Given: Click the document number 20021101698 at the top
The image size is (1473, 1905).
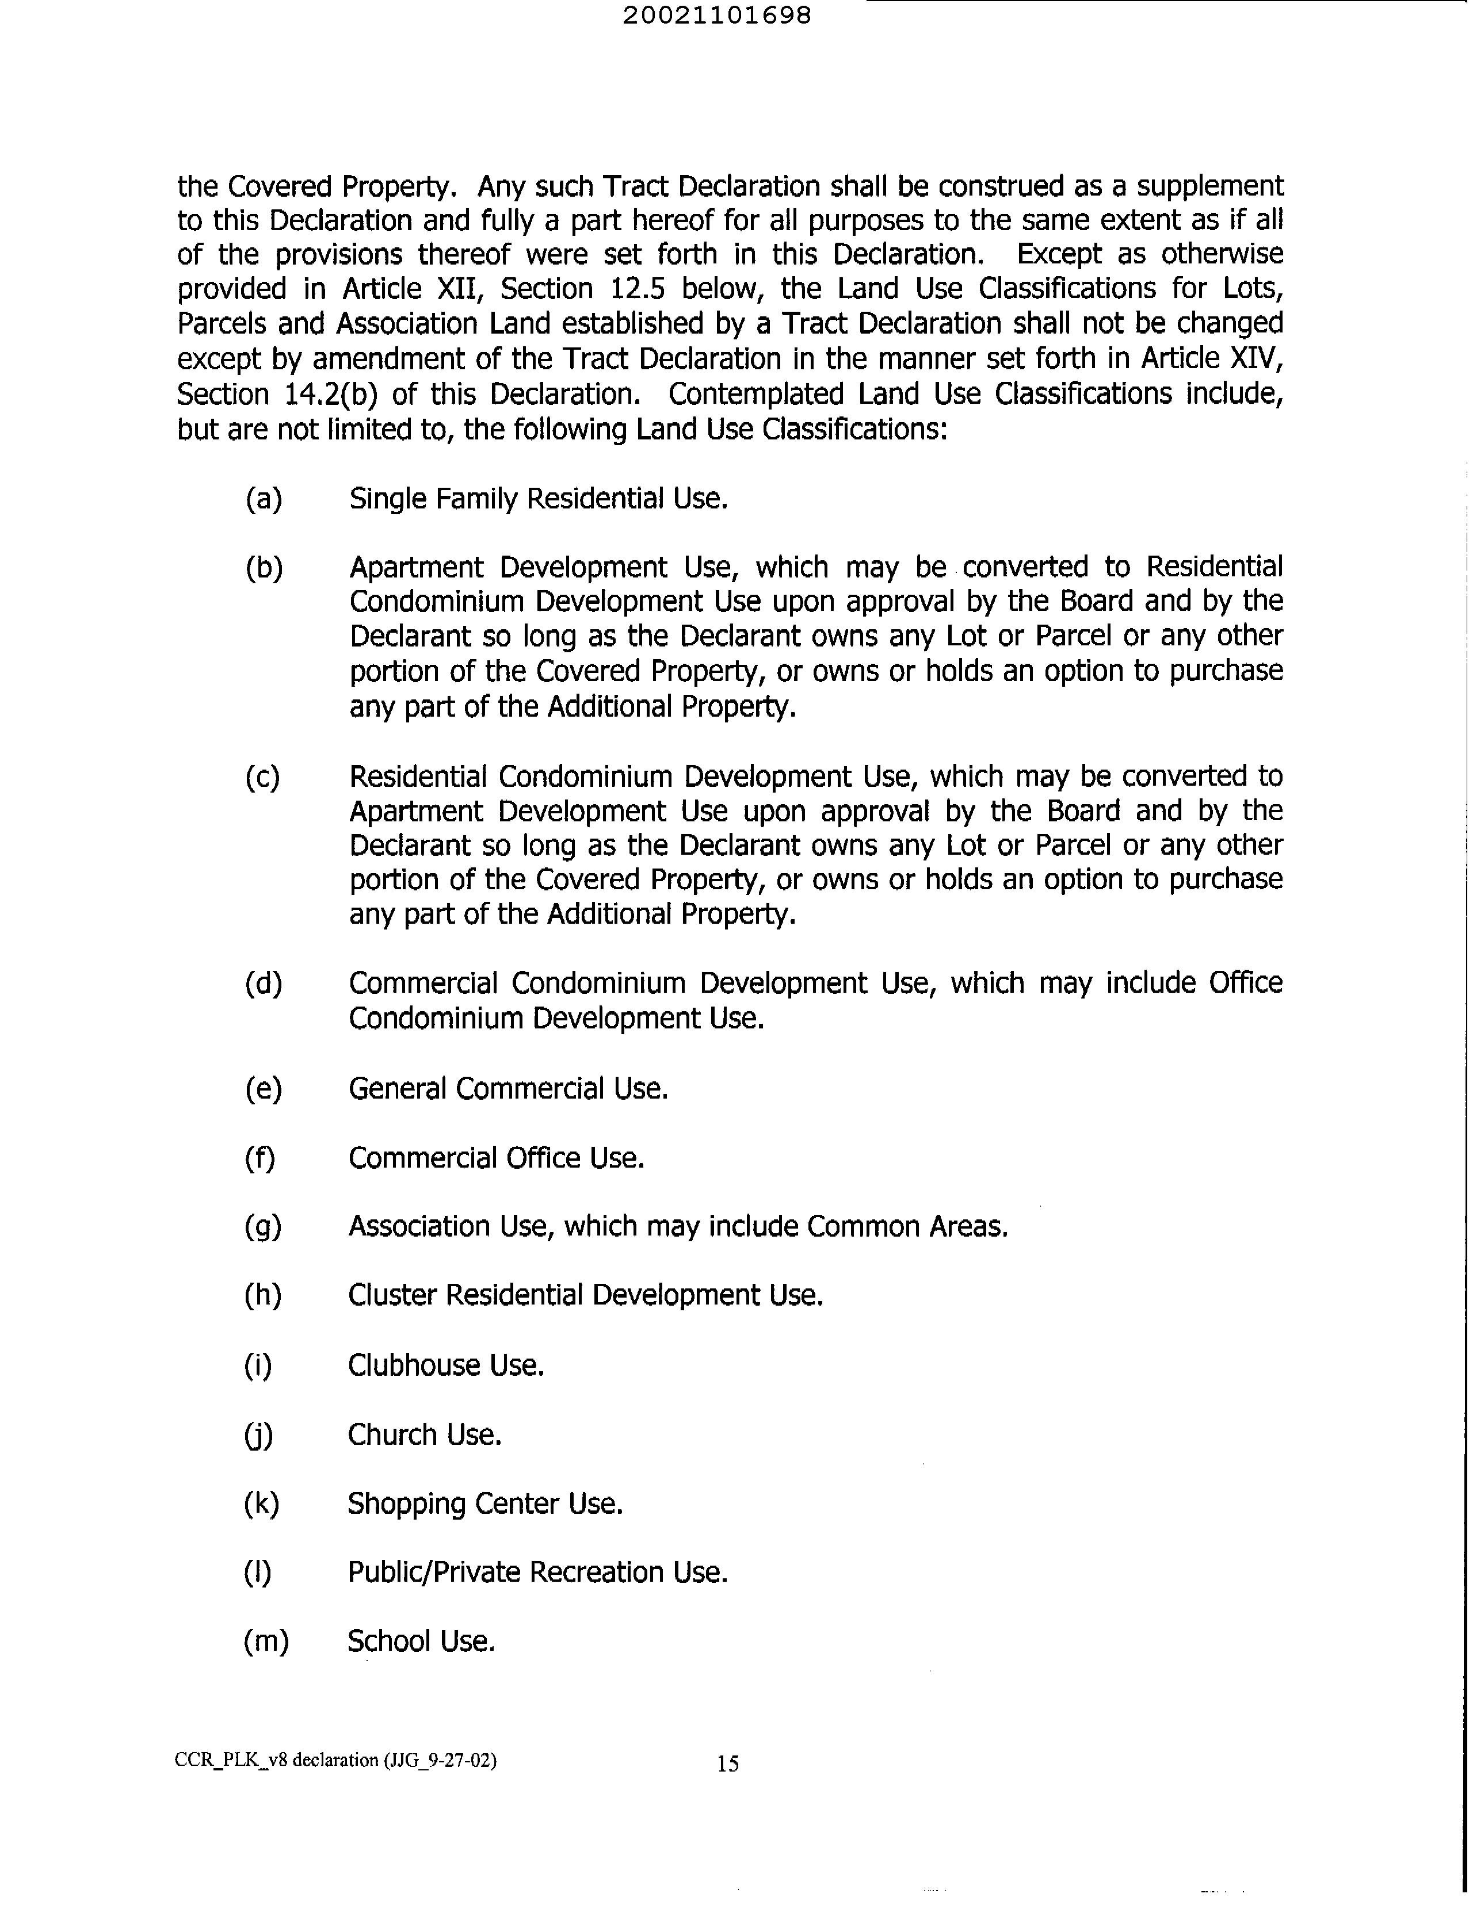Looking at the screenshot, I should click(x=716, y=16).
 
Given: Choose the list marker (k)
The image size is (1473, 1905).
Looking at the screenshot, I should click(x=261, y=1503).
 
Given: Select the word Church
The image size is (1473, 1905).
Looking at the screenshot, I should click(x=392, y=1435).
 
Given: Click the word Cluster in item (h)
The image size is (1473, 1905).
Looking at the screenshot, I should click(x=392, y=1295).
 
